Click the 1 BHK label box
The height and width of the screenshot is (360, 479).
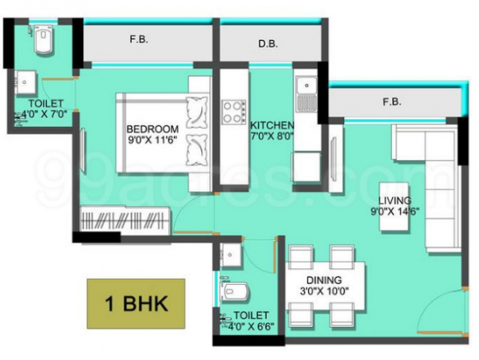[x=136, y=304]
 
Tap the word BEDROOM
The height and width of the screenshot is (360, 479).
[x=152, y=129]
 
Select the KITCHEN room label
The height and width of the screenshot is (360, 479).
[x=271, y=126]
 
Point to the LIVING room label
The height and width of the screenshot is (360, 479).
[x=394, y=200]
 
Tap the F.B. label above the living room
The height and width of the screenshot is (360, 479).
[x=391, y=101]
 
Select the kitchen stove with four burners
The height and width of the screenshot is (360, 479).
[x=234, y=111]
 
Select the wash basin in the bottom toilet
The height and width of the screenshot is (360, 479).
[x=230, y=253]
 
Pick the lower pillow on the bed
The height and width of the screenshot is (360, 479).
[x=195, y=149]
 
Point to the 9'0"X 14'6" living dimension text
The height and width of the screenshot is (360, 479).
[x=394, y=212]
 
